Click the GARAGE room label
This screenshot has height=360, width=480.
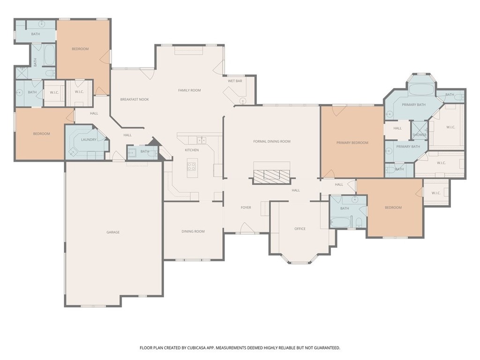pyautogui.click(x=112, y=232)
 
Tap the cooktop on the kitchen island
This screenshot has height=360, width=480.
pyautogui.click(x=192, y=166)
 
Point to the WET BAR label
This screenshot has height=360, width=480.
pyautogui.click(x=235, y=81)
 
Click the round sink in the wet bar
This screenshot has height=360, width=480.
pyautogui.click(x=242, y=100)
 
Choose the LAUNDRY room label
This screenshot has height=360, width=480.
pyautogui.click(x=88, y=139)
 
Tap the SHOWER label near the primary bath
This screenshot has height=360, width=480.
pyautogui.click(x=420, y=135)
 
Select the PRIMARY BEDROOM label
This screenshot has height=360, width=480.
pyautogui.click(x=352, y=142)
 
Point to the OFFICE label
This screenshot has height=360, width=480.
pyautogui.click(x=300, y=229)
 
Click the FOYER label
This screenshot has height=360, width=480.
pyautogui.click(x=246, y=207)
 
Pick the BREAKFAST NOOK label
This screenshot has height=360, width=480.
pyautogui.click(x=135, y=99)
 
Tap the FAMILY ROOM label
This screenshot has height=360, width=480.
pyautogui.click(x=189, y=90)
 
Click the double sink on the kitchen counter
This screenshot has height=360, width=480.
pyautogui.click(x=201, y=140)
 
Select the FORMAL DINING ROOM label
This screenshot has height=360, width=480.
pyautogui.click(x=272, y=141)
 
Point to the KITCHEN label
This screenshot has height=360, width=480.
pyautogui.click(x=192, y=150)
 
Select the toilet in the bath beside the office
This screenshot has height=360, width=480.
pyautogui.click(x=359, y=222)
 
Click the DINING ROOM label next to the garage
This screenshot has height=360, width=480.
pyautogui.click(x=193, y=231)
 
